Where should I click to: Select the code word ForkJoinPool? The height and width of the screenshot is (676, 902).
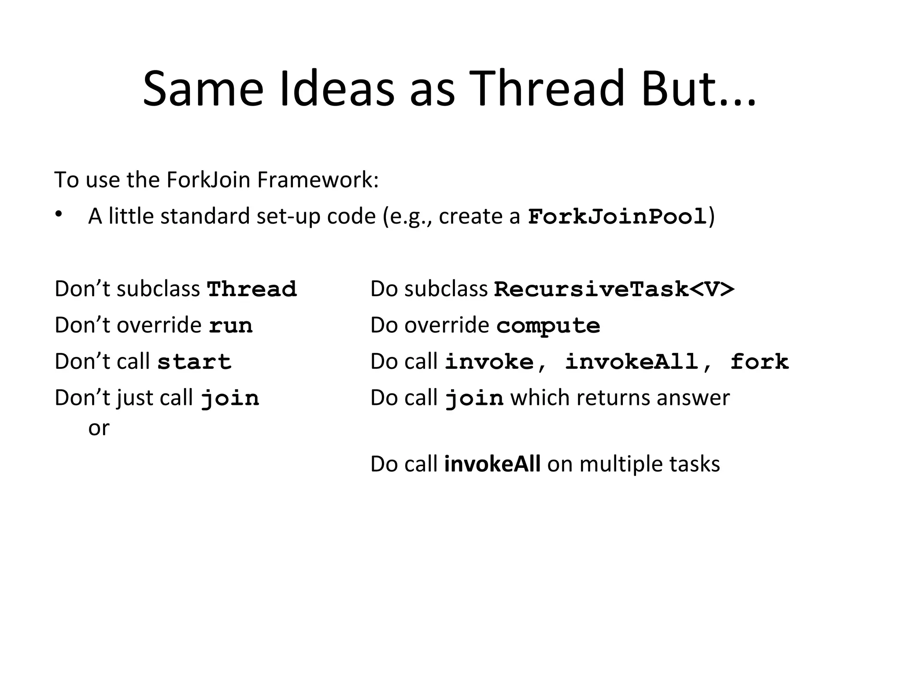[x=617, y=217]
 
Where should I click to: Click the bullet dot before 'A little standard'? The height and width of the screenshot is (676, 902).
[x=58, y=214]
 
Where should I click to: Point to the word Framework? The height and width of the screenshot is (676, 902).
[x=317, y=180]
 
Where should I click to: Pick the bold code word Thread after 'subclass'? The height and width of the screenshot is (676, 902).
[x=252, y=289]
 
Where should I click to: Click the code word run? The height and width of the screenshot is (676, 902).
[x=231, y=326]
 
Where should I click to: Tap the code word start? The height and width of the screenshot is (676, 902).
[x=194, y=362]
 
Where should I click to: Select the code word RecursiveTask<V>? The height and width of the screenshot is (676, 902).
[x=614, y=289]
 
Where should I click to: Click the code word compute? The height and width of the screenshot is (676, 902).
[x=548, y=326]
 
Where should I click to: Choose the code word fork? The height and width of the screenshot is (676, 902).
[x=759, y=362]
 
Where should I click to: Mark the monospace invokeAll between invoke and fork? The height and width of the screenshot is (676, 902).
[x=632, y=362]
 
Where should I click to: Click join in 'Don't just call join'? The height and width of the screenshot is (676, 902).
[x=230, y=398]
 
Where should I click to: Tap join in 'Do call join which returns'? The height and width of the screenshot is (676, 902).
[x=474, y=398]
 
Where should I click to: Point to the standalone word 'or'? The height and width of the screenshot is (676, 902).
[x=99, y=428]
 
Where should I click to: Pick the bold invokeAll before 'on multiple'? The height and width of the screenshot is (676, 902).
[x=492, y=464]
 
